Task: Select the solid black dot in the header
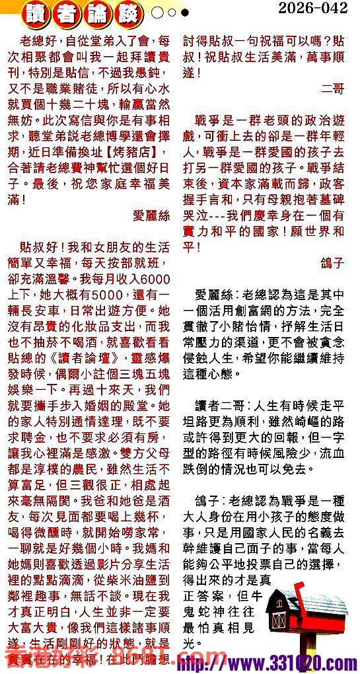(185, 13)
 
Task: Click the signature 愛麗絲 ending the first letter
(151, 215)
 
